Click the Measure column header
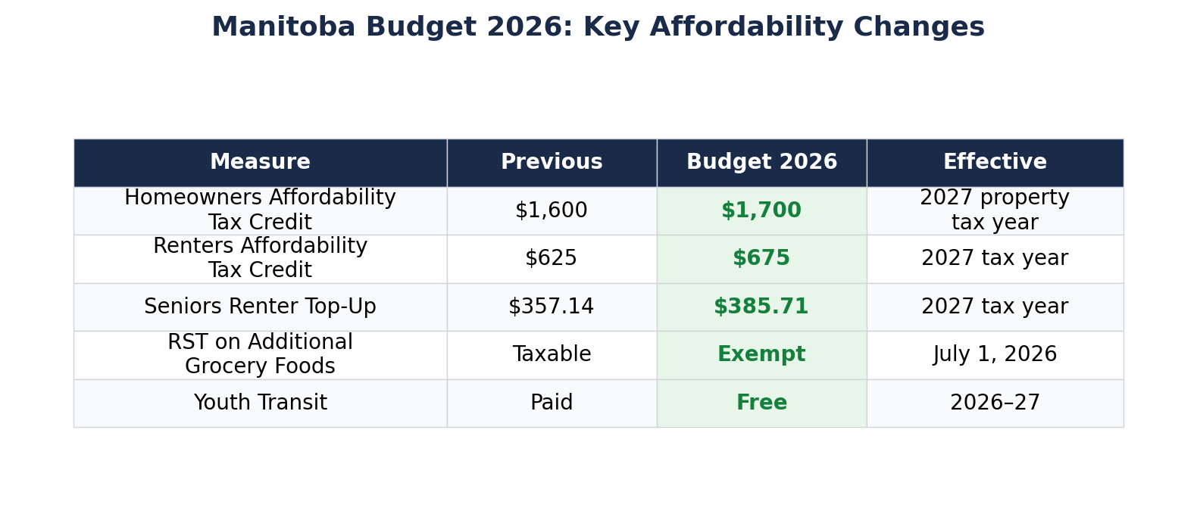pos(260,163)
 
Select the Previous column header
pos(552,163)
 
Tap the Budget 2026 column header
pos(761,163)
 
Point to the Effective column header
pos(995,163)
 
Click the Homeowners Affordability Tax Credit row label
pos(260,210)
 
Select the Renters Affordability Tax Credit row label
pos(260,258)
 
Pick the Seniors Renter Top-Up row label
pos(260,307)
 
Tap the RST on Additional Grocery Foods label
pos(260,354)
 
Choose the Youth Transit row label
pos(260,403)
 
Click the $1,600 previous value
pos(552,210)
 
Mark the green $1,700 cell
pos(761,210)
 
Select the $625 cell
pos(552,258)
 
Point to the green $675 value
pos(761,258)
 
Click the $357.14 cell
pos(552,307)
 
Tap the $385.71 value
pos(761,307)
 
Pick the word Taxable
pos(552,354)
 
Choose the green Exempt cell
pos(761,354)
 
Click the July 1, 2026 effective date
pos(995,354)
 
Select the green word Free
pos(761,403)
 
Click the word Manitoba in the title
pos(283,27)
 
